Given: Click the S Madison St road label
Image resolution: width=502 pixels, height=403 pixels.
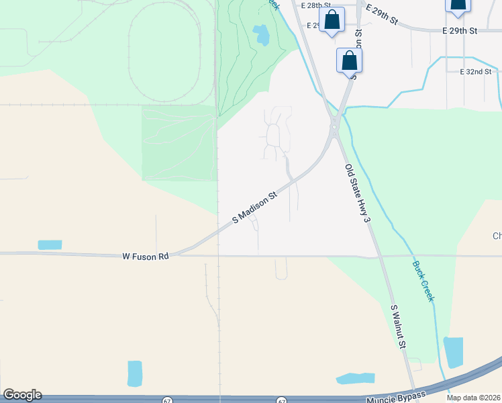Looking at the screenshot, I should click(254, 208).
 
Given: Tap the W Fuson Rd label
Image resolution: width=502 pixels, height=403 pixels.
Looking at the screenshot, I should click(146, 256).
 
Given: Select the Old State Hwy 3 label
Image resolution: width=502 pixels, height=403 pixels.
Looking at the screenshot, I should click(358, 193).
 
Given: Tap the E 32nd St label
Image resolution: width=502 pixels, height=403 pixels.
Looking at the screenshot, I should click(476, 71).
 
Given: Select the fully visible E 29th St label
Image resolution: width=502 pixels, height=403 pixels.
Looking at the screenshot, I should click(460, 31).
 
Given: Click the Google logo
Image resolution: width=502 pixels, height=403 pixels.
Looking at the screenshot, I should click(21, 395).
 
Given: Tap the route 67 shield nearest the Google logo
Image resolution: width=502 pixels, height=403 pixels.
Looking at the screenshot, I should click(167, 400).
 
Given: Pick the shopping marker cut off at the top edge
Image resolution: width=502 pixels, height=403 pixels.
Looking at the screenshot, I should click(458, 5).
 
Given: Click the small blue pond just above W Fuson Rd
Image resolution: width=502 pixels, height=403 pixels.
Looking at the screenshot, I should click(50, 244).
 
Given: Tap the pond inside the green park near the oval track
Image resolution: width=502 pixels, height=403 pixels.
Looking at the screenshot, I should click(262, 34).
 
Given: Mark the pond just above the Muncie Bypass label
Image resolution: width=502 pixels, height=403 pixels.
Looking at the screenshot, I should click(355, 378).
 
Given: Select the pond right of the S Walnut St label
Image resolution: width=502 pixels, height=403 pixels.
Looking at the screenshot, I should click(453, 352).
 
